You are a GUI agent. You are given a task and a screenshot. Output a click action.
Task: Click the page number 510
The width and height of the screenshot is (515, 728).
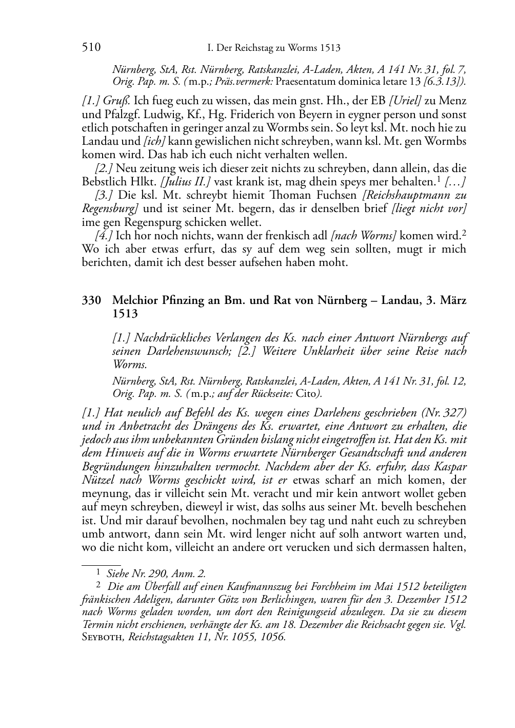(x=91, y=48)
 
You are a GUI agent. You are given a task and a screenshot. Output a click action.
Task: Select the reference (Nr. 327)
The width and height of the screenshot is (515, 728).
(x=443, y=412)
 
